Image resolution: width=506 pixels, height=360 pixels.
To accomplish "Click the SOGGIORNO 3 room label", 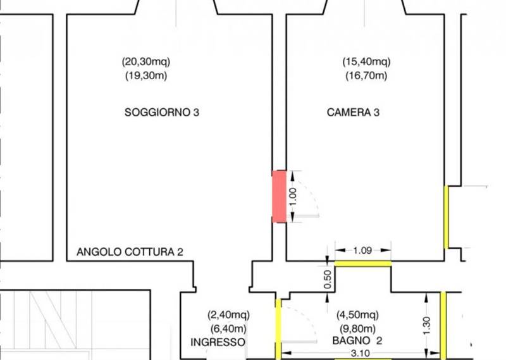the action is click(162, 113).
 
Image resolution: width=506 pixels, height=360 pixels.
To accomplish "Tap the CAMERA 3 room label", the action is click(353, 113).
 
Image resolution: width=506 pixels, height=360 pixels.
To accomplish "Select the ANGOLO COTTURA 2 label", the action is click(130, 252).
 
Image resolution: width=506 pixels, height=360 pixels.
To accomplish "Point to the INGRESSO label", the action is click(218, 342).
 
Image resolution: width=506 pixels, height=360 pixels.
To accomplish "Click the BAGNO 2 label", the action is click(357, 340).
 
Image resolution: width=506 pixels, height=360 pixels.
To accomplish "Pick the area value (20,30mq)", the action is click(146, 61).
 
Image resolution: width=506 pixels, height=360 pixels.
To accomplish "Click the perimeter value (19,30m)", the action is click(146, 76).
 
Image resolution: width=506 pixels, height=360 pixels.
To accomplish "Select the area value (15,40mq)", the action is click(366, 61).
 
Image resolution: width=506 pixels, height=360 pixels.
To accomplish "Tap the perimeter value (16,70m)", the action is click(366, 76).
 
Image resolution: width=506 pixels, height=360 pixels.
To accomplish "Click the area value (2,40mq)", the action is click(228, 314).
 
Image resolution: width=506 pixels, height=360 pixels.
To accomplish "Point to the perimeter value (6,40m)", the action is click(228, 329).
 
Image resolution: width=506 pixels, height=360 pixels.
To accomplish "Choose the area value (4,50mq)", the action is click(357, 314).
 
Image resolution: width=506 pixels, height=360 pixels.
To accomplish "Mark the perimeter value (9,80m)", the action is click(357, 329).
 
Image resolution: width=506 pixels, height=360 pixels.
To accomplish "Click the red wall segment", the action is click(279, 197).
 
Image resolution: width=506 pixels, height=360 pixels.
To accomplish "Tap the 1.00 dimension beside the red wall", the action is click(293, 197).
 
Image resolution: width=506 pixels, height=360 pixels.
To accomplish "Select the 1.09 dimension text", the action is click(362, 250).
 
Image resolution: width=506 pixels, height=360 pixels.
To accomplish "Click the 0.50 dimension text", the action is click(328, 279).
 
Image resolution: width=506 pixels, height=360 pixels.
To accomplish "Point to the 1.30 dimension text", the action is click(426, 326).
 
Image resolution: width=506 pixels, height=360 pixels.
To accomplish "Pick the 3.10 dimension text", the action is click(360, 353).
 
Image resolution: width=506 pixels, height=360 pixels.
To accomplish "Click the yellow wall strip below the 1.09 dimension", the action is click(363, 264).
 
